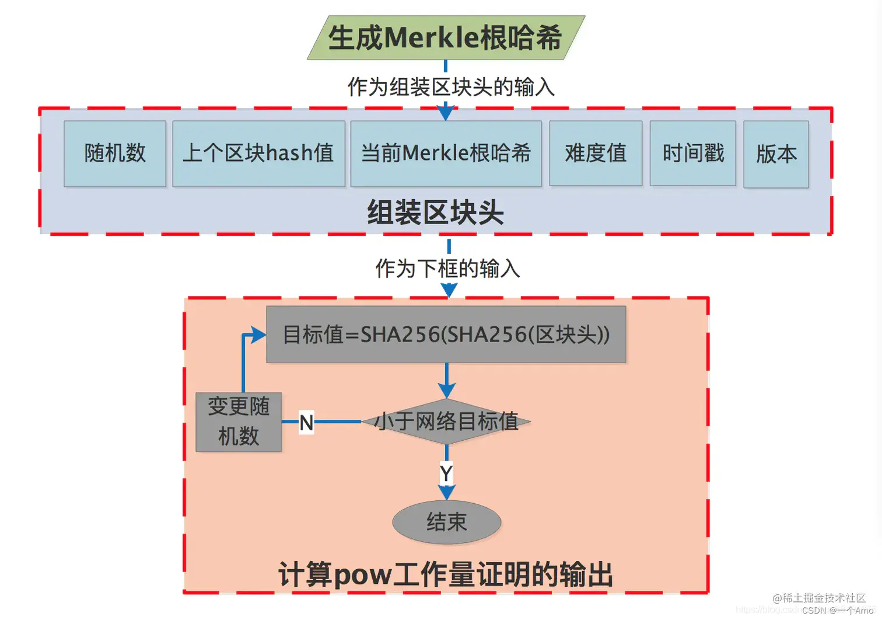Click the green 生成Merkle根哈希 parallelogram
(x=446, y=37)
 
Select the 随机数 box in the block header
(x=115, y=154)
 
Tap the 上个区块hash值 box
(x=258, y=154)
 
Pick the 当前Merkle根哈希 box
(x=446, y=154)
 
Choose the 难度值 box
(x=596, y=154)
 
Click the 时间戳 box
(x=693, y=154)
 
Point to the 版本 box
(x=776, y=154)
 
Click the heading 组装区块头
(x=435, y=212)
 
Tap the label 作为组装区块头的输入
(x=451, y=87)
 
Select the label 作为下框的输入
(x=447, y=269)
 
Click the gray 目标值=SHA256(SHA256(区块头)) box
(x=446, y=335)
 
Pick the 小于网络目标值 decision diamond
(x=446, y=421)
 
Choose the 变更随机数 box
(x=239, y=422)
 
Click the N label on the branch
(x=306, y=422)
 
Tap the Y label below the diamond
(x=446, y=473)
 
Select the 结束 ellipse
(x=447, y=522)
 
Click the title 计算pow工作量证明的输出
(x=446, y=574)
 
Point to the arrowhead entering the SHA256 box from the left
(x=258, y=335)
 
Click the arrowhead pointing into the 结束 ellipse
(x=446, y=492)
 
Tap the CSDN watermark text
(x=838, y=610)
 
